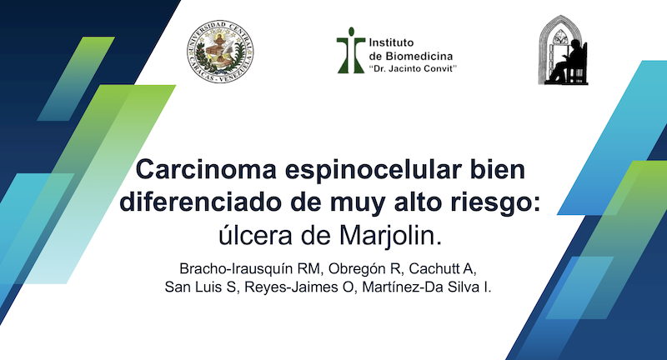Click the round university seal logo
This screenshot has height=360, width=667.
(221, 47)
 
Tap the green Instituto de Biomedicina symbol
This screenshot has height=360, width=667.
(350, 48)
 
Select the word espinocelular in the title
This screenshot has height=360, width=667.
(387, 171)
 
